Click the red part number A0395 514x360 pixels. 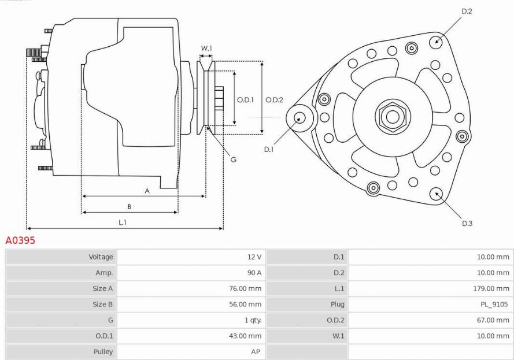click(20, 240)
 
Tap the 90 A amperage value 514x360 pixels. click(254, 273)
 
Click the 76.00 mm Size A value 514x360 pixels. click(245, 288)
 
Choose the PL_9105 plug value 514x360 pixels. click(494, 305)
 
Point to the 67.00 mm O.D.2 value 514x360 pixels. click(493, 320)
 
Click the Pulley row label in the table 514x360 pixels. click(103, 352)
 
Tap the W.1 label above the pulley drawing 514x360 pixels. click(206, 48)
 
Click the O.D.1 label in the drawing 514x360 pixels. click(245, 99)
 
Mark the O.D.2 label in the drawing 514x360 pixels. click(274, 99)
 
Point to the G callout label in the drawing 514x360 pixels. click(234, 159)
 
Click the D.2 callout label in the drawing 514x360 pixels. click(467, 11)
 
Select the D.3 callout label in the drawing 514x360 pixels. click(467, 224)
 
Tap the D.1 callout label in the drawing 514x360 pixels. click(269, 149)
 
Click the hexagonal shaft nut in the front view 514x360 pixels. click(393, 116)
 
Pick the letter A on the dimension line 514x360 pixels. click(147, 191)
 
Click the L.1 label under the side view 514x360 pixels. click(122, 222)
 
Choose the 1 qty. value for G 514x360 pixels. click(253, 320)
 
